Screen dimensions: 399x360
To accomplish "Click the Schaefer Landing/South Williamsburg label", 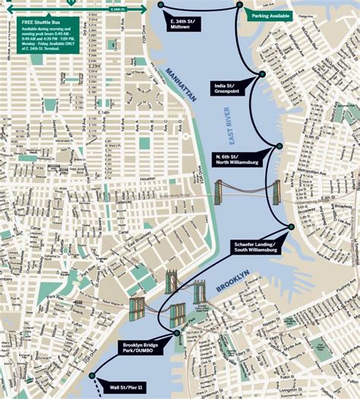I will [255, 245].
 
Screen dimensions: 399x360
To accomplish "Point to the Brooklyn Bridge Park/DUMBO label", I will [142, 349].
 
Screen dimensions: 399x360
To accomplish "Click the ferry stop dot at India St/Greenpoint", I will [263, 74].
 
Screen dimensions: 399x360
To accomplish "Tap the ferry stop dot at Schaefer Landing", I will [290, 226].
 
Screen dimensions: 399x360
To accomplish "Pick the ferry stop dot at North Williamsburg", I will [279, 146].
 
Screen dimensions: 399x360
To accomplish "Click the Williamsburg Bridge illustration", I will [247, 192].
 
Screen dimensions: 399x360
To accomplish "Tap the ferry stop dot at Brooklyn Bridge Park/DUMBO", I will [177, 333].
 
